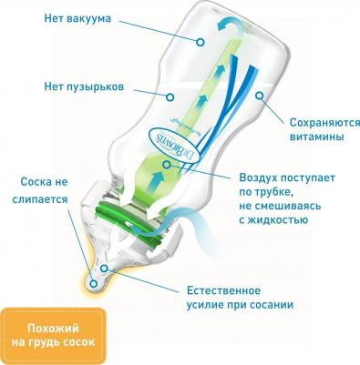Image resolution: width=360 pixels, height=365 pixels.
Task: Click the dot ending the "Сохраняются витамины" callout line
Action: tap(260, 94)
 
